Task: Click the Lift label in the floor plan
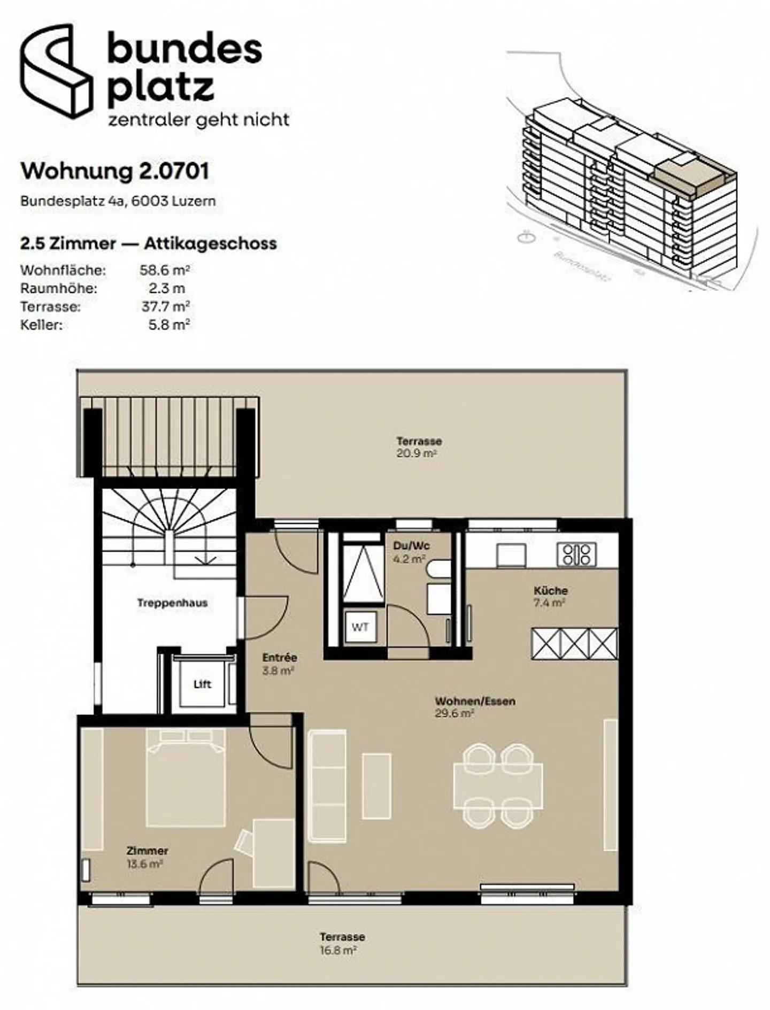point(202,684)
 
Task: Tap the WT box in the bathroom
point(360,627)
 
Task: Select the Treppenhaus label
point(172,603)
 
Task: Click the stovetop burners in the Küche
point(576,554)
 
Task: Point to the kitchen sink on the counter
point(511,555)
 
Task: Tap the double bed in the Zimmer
point(186,778)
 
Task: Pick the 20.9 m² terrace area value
point(417,453)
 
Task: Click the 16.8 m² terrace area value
point(338,951)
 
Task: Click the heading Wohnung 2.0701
point(114,171)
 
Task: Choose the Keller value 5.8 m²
point(169,325)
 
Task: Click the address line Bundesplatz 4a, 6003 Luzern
point(118,202)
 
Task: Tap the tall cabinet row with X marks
point(574,643)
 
